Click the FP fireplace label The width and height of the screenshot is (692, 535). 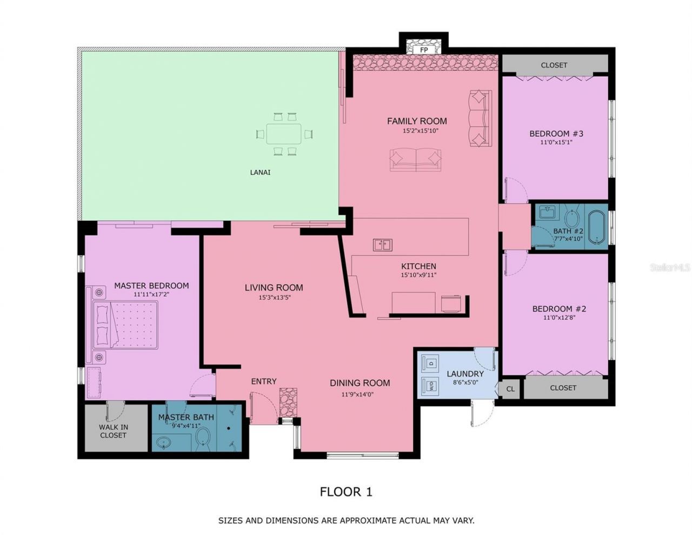424,50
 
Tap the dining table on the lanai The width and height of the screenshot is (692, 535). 284,134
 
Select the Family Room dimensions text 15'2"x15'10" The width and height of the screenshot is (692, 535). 417,131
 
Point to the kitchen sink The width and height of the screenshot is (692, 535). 382,245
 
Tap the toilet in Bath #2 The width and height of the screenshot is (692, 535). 571,219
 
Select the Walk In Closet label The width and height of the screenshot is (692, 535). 113,431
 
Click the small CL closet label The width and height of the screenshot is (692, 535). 510,389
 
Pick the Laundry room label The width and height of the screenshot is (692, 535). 465,374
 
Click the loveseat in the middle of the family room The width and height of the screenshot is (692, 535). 415,160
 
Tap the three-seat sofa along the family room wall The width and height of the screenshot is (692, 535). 480,118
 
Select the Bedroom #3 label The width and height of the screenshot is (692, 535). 556,134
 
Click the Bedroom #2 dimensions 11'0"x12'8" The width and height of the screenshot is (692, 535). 559,318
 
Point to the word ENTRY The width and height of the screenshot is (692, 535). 264,381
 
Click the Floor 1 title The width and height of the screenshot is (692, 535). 346,492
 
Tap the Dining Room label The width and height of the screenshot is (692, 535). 360,383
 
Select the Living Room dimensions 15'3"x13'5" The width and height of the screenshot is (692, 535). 274,298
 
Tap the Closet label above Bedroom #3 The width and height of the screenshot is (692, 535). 554,65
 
